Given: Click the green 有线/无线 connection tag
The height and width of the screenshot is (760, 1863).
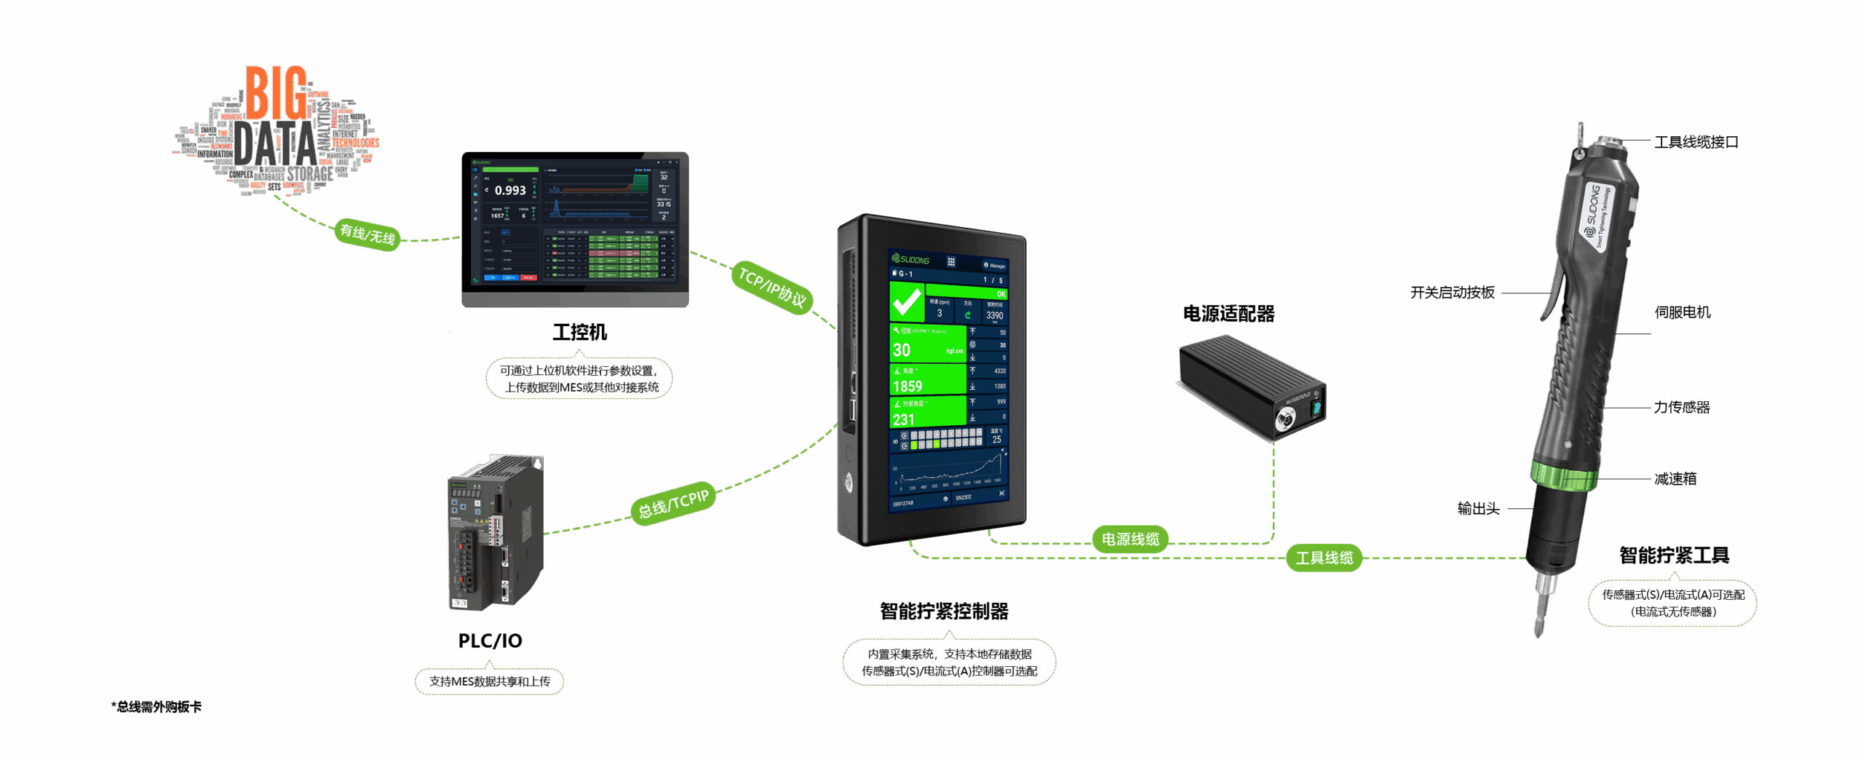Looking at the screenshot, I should tap(368, 234).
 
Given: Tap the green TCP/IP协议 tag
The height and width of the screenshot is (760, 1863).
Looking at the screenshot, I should tap(772, 287).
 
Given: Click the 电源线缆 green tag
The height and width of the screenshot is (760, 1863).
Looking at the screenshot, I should tap(1129, 539).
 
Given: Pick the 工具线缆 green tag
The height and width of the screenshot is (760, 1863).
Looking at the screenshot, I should tap(1324, 558).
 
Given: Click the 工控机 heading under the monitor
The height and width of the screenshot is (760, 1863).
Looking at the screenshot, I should tap(579, 333).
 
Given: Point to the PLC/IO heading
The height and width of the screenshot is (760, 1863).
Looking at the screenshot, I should tap(490, 641).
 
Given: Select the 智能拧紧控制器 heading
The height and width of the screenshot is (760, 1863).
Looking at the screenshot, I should tap(944, 611).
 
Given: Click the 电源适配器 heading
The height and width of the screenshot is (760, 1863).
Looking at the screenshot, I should tap(1228, 314).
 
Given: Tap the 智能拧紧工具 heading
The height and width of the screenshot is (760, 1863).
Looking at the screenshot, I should tap(1674, 556).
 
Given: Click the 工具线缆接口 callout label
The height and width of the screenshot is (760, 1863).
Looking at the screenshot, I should tap(1696, 143).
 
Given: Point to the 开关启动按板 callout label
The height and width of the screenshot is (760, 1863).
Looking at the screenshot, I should tap(1452, 293).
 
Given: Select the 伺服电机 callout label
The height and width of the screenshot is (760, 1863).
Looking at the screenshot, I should tap(1682, 312).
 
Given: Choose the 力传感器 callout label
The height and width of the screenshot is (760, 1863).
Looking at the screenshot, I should tap(1681, 407).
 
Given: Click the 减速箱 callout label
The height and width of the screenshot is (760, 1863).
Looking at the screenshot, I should tap(1675, 478).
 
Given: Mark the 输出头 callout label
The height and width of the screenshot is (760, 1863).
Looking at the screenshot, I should tap(1478, 509).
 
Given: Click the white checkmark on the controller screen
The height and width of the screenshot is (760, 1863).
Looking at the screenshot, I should tap(907, 301).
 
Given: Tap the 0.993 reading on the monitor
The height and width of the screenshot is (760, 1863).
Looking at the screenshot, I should tap(510, 191).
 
